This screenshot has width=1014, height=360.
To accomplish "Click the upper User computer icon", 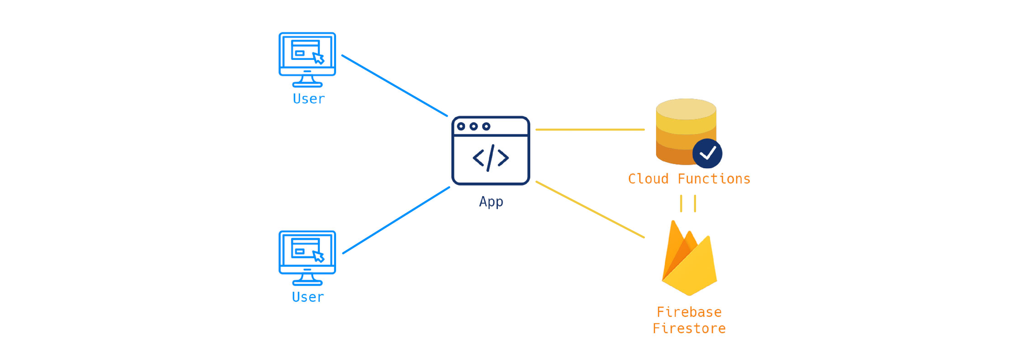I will (x=307, y=59).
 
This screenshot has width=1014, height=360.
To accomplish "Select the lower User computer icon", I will (x=307, y=258).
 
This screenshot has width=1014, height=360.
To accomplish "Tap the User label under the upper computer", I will (x=309, y=99).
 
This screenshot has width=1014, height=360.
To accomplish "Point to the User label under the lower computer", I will (x=308, y=297).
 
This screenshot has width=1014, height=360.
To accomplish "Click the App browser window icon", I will (x=490, y=151).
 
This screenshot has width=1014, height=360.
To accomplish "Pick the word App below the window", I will (x=491, y=202).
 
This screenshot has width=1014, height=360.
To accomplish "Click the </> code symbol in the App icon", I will (x=490, y=158).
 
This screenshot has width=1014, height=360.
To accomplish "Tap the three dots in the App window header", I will (x=474, y=126).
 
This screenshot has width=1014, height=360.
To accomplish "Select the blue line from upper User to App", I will (x=394, y=86).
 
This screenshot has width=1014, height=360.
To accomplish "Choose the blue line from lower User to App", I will (x=396, y=220).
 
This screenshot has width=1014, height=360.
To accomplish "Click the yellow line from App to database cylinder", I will (x=590, y=130).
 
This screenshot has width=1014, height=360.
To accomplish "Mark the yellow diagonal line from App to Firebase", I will (x=590, y=209).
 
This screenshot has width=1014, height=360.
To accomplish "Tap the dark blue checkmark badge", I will (x=707, y=153).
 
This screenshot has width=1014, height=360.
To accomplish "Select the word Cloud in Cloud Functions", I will (x=648, y=179).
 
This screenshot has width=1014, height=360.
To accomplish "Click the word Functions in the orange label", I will (x=714, y=179).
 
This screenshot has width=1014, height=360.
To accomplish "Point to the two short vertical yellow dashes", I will (x=688, y=203).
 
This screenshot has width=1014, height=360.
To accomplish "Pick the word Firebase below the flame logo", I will (x=689, y=312).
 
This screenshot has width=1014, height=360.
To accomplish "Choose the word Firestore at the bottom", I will (x=689, y=329).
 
